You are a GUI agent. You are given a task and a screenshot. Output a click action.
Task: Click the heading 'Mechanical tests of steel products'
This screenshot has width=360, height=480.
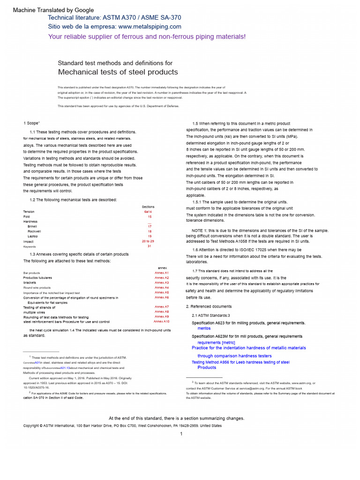click(x=118, y=72)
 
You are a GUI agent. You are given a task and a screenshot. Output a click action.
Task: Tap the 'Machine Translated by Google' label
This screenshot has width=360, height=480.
click(x=53, y=10)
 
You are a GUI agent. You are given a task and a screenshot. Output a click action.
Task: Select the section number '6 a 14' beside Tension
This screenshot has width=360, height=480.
click(x=150, y=212)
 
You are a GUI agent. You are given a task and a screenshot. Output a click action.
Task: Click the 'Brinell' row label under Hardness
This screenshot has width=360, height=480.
click(x=33, y=226)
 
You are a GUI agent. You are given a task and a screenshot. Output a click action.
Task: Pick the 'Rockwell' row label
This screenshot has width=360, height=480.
click(x=34, y=232)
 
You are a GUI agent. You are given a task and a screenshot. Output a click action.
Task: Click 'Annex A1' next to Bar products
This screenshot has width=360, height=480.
click(x=162, y=273)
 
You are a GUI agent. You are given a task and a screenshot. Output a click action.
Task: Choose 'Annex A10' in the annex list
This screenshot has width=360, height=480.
click(x=162, y=322)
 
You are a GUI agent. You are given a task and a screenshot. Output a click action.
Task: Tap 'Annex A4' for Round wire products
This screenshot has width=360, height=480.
click(x=162, y=287)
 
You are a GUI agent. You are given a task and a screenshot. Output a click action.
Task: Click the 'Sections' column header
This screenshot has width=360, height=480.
click(x=148, y=207)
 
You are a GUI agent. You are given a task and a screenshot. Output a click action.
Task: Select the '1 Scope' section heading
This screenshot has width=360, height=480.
click(x=31, y=123)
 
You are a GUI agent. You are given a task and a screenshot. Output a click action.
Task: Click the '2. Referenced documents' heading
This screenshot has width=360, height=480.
click(x=209, y=307)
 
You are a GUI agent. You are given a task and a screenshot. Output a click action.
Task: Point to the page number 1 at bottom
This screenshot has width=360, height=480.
click(x=181, y=434)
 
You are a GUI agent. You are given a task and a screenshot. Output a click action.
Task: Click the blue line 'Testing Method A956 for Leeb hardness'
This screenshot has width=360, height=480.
click(x=240, y=362)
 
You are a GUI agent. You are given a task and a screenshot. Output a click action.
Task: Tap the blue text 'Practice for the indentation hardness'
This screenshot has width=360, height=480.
click(x=248, y=348)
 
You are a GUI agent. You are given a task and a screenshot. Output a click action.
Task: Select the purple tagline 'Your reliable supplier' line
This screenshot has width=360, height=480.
click(x=147, y=37)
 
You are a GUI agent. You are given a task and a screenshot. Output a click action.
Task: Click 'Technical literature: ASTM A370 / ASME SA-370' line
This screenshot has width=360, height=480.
click(x=114, y=17)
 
